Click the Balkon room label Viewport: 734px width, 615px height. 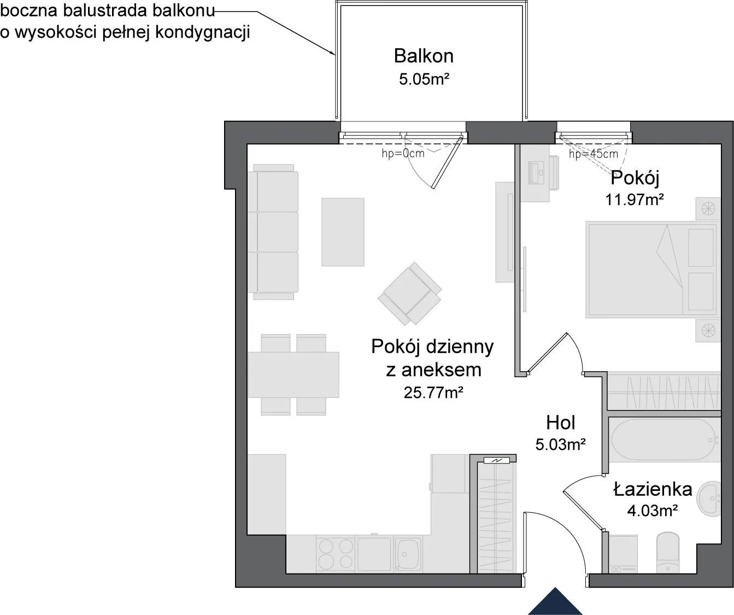[x=424, y=56]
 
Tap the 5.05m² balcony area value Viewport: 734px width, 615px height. [x=424, y=79]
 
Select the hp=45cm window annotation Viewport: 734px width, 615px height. [x=594, y=154]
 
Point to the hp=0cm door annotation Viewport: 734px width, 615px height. [x=403, y=153]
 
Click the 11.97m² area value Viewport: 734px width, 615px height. [x=635, y=200]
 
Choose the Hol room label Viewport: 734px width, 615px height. [x=560, y=423]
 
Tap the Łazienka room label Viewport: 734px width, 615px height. [x=653, y=489]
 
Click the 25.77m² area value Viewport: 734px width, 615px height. [x=433, y=393]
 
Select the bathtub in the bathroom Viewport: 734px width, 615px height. [x=665, y=440]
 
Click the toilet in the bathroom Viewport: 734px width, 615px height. [x=667, y=553]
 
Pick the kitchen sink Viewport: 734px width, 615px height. [x=408, y=554]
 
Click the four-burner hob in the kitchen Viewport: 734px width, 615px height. [x=336, y=554]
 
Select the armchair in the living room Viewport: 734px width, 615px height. [x=409, y=293]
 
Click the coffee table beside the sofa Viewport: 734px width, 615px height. [x=343, y=232]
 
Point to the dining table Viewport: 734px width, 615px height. [x=293, y=375]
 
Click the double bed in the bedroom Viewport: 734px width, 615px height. [x=653, y=270]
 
